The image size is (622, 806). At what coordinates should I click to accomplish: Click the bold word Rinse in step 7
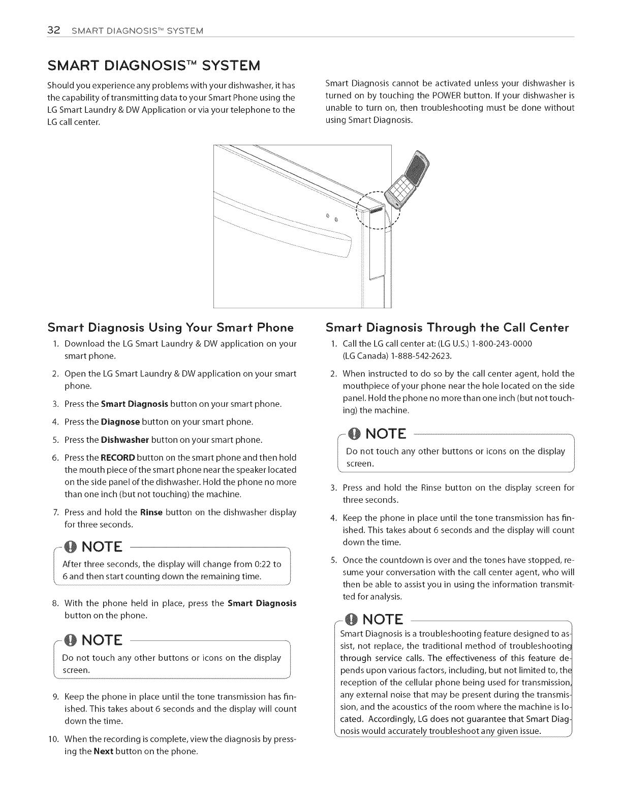pyautogui.click(x=151, y=512)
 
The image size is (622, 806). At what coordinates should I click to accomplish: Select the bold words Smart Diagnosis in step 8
pyautogui.click(x=262, y=603)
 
